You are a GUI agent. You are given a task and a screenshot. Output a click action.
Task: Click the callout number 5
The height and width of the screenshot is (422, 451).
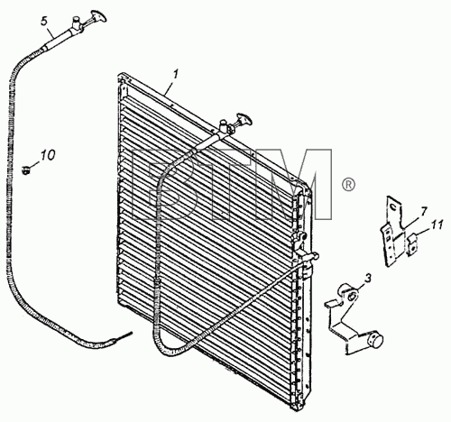pos(44,22)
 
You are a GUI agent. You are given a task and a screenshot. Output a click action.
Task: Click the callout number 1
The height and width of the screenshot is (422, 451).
pos(176,74)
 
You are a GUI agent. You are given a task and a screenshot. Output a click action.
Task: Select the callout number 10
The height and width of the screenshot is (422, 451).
pos(48,155)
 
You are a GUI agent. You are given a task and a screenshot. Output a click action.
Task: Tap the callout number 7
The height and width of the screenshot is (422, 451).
pos(423,212)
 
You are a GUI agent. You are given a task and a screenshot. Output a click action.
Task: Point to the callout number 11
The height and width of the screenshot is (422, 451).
pos(437,225)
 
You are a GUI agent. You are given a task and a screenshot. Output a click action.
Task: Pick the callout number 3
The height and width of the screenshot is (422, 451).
pos(368,278)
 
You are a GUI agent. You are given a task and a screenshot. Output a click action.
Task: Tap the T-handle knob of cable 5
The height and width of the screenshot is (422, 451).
pos(98,16)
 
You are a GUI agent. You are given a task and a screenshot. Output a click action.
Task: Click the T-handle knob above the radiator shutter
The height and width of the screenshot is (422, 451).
pos(244,119)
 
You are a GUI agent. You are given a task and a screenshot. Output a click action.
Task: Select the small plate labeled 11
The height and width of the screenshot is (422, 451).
pos(412,243)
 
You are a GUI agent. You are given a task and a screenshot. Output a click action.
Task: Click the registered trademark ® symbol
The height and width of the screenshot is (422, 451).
pos(348,184)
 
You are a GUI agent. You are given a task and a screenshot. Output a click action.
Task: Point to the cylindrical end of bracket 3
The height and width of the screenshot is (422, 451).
pos(374,339)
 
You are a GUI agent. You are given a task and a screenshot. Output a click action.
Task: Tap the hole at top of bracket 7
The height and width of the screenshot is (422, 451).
pos(392,207)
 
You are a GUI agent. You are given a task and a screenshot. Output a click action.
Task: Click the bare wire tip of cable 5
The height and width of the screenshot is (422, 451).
pos(125,335)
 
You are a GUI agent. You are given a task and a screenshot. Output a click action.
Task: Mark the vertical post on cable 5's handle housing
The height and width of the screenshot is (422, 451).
pos(77,22)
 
